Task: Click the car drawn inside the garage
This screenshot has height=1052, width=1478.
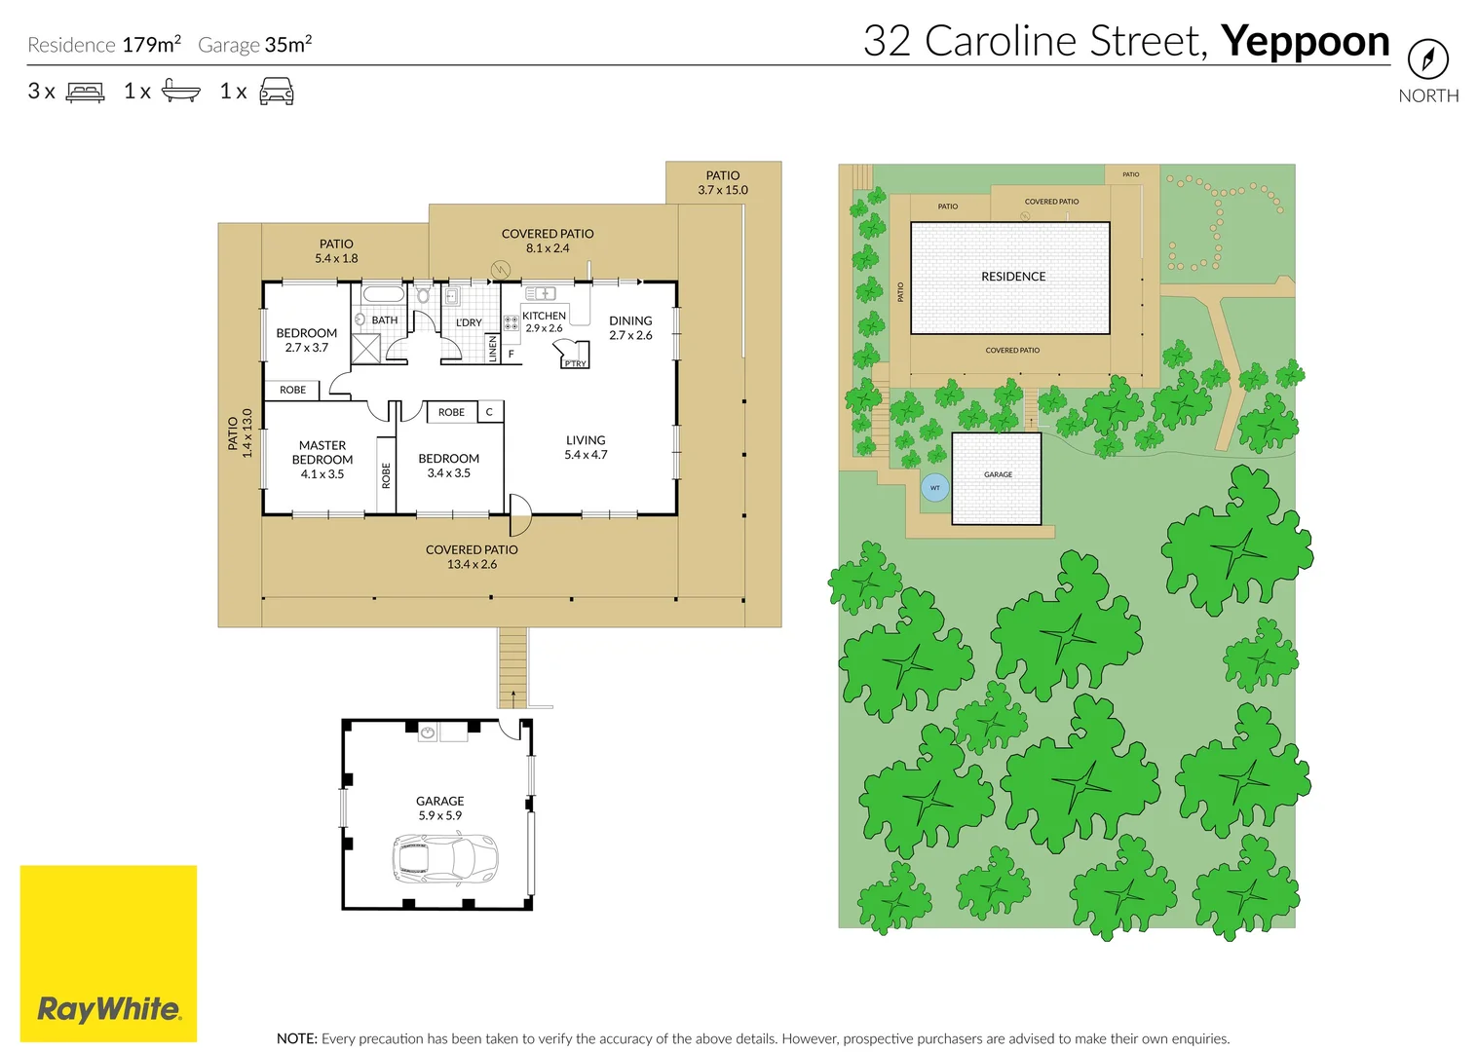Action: pos(444,858)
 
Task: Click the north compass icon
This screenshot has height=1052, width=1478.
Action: pos(1427,60)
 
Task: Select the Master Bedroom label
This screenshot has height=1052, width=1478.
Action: pos(322,460)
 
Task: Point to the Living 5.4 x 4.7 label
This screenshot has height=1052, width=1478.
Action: pos(586,447)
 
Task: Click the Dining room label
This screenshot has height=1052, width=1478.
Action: pos(630,327)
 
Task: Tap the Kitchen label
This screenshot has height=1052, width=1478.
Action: pos(544,316)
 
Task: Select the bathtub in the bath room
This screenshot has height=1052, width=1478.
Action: pos(383,294)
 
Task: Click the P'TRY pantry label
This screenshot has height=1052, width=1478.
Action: pos(575,363)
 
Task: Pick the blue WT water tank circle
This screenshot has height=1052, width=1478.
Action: pos(934,488)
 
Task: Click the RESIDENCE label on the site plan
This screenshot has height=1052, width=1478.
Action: pos(1013,277)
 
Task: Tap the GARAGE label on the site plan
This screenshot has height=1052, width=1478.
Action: pos(998,474)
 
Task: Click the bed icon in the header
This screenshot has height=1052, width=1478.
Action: pos(85,93)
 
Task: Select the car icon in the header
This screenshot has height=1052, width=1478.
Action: pos(277,93)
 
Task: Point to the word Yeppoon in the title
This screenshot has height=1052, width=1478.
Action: pos(1305,42)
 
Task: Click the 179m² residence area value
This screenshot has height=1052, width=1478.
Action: pos(151,45)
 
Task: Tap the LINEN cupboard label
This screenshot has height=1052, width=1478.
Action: pos(493,348)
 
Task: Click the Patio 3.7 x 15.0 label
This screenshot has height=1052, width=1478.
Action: pos(723,183)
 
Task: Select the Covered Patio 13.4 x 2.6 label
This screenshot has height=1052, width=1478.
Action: pos(472,557)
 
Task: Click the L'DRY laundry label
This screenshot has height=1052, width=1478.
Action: pos(469,322)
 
